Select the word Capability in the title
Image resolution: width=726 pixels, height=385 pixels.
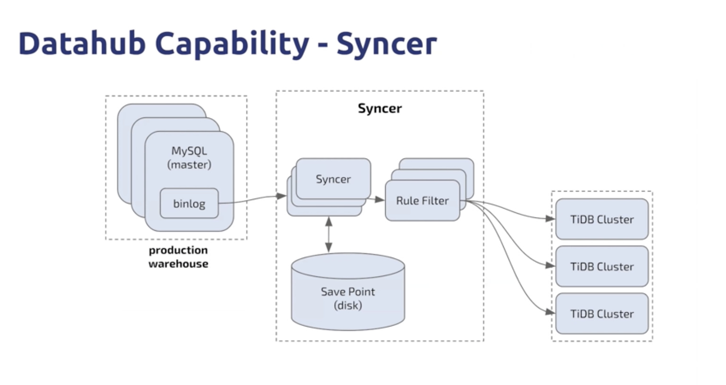(x=232, y=44)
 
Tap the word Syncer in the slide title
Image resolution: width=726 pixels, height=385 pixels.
(x=386, y=44)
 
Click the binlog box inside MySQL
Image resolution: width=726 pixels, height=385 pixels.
(x=189, y=204)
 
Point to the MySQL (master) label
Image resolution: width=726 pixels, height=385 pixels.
(x=189, y=158)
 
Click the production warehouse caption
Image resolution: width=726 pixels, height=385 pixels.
(x=178, y=257)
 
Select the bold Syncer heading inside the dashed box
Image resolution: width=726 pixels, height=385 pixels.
(x=380, y=109)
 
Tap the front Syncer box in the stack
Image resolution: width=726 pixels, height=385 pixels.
(x=333, y=179)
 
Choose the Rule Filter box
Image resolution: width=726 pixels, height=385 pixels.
(x=422, y=201)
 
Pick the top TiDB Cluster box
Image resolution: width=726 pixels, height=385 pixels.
(x=602, y=219)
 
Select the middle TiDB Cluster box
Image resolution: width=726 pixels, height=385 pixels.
(x=602, y=267)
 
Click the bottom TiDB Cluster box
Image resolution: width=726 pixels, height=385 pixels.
(x=602, y=314)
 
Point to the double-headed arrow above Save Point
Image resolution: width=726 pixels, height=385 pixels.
(x=329, y=234)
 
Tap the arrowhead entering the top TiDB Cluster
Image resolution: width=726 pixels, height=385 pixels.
(x=550, y=218)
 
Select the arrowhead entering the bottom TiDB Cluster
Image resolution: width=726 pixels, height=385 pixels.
(x=550, y=312)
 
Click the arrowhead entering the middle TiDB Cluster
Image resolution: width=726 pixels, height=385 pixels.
(x=550, y=265)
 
